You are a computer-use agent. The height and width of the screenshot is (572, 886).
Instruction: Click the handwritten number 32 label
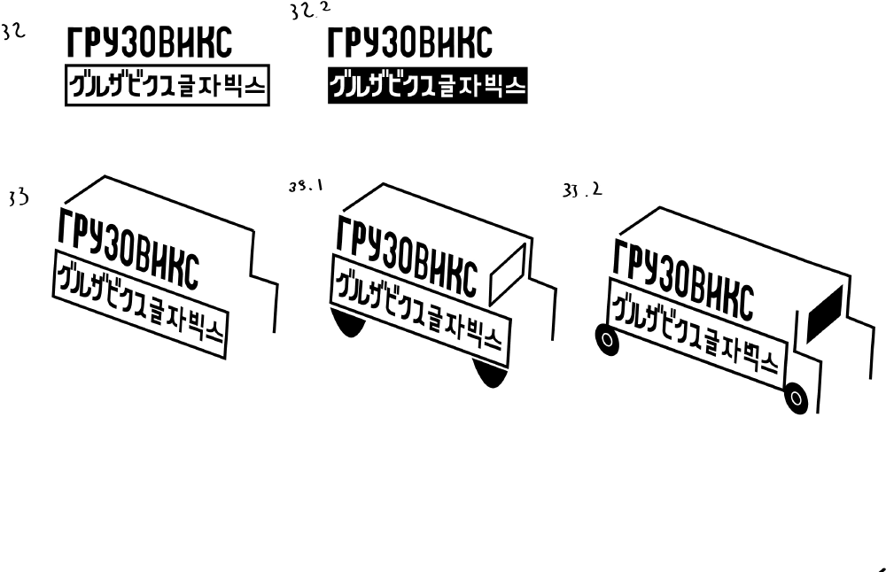click(13, 33)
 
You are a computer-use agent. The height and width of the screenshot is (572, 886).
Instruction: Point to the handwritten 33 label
click(18, 197)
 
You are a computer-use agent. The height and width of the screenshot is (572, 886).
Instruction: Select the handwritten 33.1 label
click(306, 187)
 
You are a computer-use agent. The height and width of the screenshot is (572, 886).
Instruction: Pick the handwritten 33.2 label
click(582, 189)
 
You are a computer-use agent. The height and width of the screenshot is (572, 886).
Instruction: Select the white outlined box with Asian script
click(167, 87)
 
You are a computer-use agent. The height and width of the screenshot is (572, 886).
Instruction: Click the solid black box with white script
click(427, 87)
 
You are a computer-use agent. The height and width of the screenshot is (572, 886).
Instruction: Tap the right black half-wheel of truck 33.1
click(489, 373)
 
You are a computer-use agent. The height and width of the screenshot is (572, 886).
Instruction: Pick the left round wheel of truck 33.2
click(605, 339)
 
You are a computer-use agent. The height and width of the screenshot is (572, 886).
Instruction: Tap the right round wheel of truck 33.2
click(796, 398)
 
